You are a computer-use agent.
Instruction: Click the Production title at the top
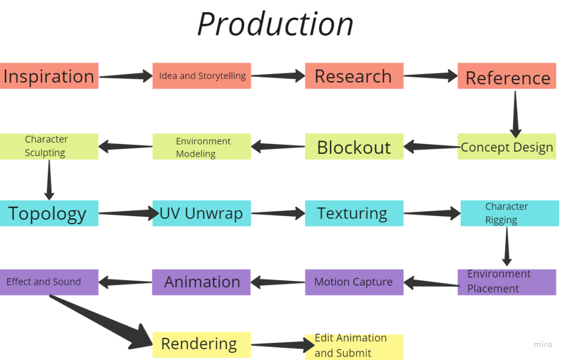point(276,24)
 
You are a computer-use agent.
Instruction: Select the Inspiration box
point(49,76)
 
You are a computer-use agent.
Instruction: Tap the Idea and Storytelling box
point(202,76)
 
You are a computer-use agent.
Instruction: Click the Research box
point(354,76)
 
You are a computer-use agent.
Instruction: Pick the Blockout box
point(354,147)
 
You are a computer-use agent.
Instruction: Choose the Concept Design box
point(507,147)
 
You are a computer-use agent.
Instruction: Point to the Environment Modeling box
point(202,147)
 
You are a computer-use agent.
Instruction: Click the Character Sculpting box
point(49,147)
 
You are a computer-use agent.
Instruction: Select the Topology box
point(49,213)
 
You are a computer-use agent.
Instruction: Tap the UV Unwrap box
point(202,213)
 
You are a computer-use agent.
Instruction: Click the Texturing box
point(354,213)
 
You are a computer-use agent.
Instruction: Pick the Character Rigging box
point(510,213)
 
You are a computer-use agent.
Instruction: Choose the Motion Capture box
point(354,282)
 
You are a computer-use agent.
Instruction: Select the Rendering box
point(202,345)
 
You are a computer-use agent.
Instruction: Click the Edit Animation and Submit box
point(354,347)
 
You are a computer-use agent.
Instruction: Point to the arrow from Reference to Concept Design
point(515,114)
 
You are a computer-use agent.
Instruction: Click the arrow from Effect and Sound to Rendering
point(101,321)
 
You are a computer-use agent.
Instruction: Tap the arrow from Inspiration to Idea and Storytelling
point(126,76)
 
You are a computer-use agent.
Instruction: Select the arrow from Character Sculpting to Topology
point(49,180)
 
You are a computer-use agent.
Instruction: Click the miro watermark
point(543,345)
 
